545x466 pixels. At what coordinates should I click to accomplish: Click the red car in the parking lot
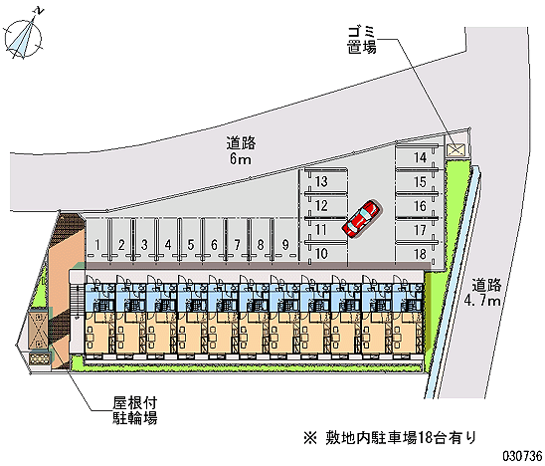click(361, 218)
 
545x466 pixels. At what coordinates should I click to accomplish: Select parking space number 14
click(420, 157)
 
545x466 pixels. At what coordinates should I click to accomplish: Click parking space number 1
click(97, 245)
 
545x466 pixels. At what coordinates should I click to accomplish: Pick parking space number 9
click(285, 245)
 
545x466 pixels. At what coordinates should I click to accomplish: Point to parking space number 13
click(321, 181)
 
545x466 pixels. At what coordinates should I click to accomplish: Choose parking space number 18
click(420, 254)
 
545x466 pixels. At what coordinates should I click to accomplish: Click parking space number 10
click(321, 253)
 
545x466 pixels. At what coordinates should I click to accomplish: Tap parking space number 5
click(191, 245)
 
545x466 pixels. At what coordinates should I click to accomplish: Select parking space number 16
click(420, 206)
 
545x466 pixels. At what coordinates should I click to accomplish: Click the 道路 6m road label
click(241, 150)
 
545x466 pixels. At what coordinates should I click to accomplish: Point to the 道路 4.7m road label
click(483, 292)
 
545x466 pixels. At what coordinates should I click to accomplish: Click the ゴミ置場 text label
click(362, 40)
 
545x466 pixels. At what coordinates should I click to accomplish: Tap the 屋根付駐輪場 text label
click(135, 410)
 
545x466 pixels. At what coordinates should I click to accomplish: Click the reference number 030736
click(522, 456)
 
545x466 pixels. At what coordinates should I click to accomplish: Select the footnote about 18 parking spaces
click(390, 438)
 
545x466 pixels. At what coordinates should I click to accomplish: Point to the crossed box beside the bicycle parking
click(37, 331)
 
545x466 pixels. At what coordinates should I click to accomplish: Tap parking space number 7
click(238, 245)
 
